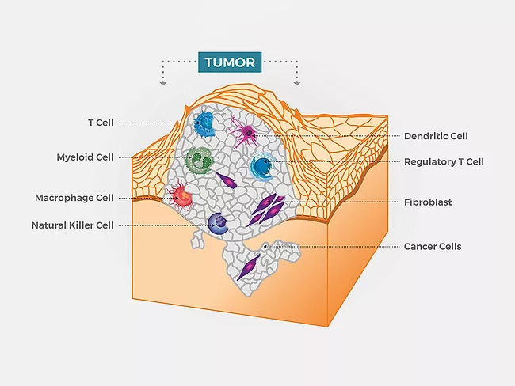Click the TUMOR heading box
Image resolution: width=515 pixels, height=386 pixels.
[x=230, y=62]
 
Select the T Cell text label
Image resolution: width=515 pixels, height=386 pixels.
[x=100, y=123]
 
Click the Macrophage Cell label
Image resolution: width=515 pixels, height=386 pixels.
[x=74, y=197]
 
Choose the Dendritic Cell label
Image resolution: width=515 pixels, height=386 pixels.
[x=437, y=136]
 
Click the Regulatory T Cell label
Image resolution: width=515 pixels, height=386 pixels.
[x=444, y=161]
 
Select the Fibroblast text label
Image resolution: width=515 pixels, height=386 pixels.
[x=428, y=202]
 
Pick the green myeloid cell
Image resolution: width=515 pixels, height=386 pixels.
[x=199, y=160]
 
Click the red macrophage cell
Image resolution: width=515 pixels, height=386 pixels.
[x=182, y=195]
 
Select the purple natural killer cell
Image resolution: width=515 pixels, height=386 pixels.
[x=218, y=224]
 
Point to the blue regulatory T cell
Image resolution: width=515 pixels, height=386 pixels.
[x=261, y=167]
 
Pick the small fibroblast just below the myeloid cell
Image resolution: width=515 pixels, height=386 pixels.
[x=227, y=181]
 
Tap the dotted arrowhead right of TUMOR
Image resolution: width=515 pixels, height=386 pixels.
[x=297, y=82]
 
